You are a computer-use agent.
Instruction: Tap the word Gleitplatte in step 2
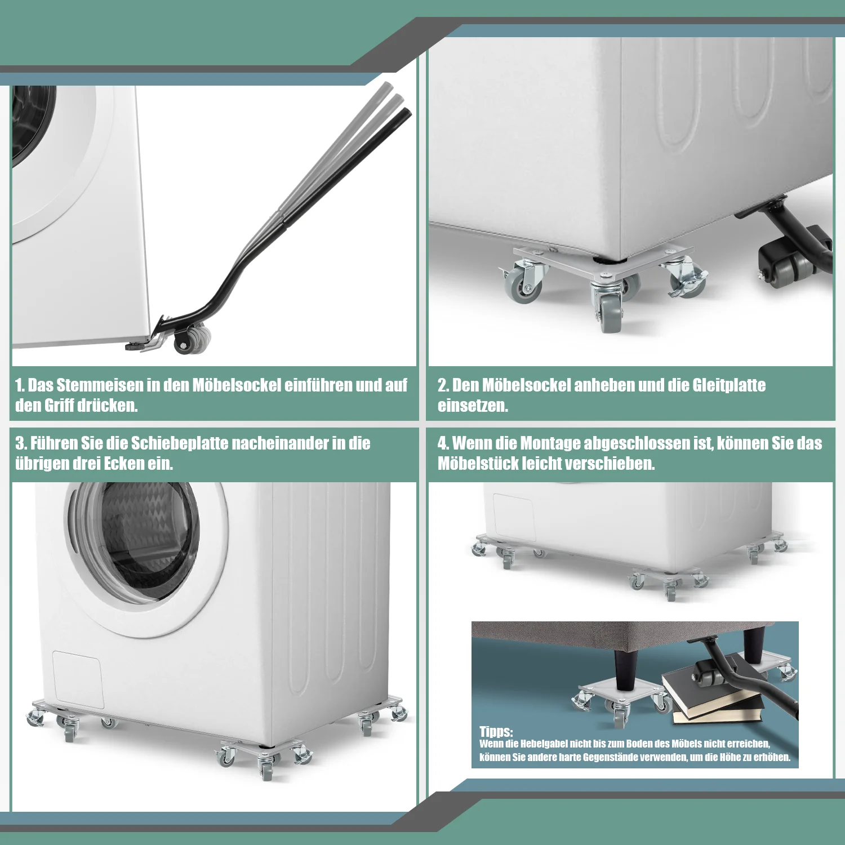(x=729, y=385)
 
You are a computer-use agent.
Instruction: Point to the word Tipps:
(x=496, y=731)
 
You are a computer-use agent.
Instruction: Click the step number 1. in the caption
(x=20, y=385)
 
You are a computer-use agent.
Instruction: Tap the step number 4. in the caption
(x=443, y=443)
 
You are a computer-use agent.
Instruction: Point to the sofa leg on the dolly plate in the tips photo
(x=622, y=669)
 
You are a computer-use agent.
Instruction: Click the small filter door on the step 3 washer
(x=78, y=679)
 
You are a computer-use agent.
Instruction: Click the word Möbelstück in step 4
(x=478, y=464)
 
